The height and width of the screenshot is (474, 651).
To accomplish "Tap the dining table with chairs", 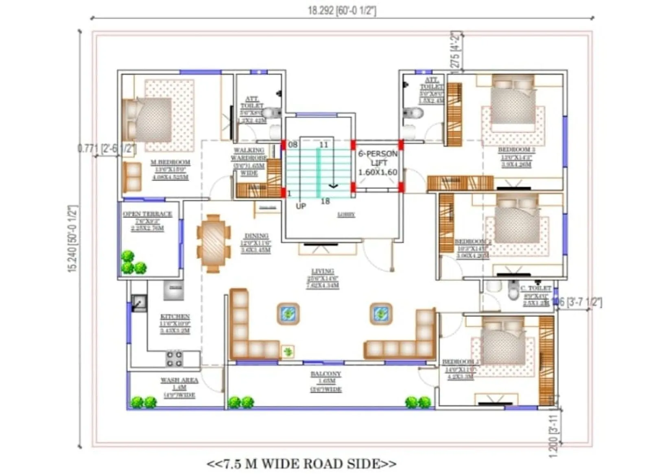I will pyautogui.click(x=214, y=244).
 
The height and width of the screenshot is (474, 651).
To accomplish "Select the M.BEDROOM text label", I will pyautogui.click(x=170, y=163).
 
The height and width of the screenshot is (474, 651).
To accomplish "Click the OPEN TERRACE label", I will pyautogui.click(x=147, y=214).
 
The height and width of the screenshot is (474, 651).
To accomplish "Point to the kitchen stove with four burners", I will pyautogui.click(x=174, y=358).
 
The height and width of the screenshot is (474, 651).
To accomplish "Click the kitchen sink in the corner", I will pyautogui.click(x=139, y=303).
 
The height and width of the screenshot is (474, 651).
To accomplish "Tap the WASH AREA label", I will pyautogui.click(x=179, y=381).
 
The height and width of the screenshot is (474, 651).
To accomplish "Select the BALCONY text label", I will pyautogui.click(x=325, y=374).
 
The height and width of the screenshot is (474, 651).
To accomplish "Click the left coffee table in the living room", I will pyautogui.click(x=288, y=313).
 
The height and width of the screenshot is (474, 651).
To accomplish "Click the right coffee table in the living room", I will pyautogui.click(x=381, y=313).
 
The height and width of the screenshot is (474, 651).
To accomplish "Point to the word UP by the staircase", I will pyautogui.click(x=301, y=207).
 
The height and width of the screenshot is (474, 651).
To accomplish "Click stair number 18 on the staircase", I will pyautogui.click(x=325, y=201).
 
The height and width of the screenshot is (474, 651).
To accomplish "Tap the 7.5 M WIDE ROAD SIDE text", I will pyautogui.click(x=301, y=463).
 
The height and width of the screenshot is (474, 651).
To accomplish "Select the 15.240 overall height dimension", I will pyautogui.click(x=72, y=239).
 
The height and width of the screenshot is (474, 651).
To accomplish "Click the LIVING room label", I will pyautogui.click(x=323, y=271).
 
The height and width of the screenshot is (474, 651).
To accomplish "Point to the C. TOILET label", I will pyautogui.click(x=535, y=288).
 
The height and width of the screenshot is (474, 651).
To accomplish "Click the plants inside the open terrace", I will pyautogui.click(x=133, y=263).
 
